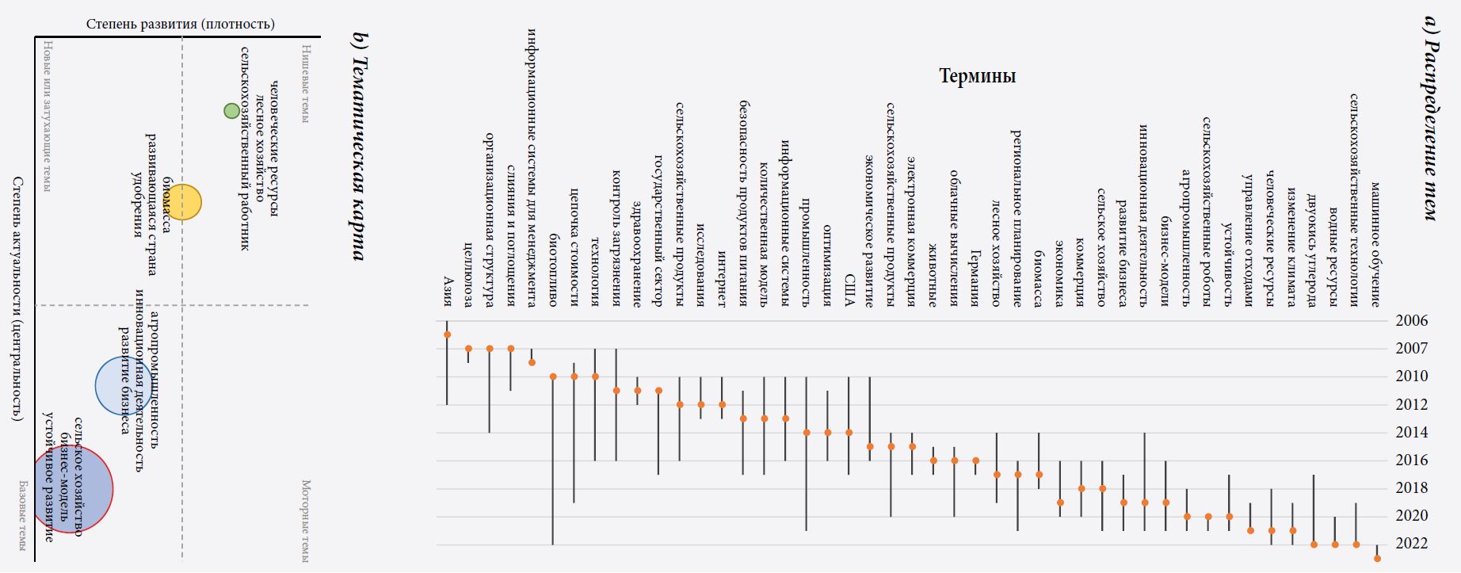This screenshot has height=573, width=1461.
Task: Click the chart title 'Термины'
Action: pos(977,76)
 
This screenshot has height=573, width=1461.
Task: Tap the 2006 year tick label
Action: pos(1411,321)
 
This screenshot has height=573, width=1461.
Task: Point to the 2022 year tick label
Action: pos(1411,544)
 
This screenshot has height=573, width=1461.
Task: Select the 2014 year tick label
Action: pos(1411,433)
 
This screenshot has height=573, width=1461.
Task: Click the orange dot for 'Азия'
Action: pos(447,334)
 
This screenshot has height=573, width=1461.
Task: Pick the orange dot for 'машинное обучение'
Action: pos(1377,559)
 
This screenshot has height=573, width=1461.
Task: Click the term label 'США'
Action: pos(849,291)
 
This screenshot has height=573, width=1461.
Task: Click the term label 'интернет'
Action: pos(722,278)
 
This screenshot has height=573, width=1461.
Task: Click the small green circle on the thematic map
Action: pos(231,111)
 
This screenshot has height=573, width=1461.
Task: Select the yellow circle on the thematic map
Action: pos(182,202)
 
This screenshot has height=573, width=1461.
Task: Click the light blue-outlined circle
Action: pos(124,386)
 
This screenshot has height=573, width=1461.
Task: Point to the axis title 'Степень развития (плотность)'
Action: pos(181,24)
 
